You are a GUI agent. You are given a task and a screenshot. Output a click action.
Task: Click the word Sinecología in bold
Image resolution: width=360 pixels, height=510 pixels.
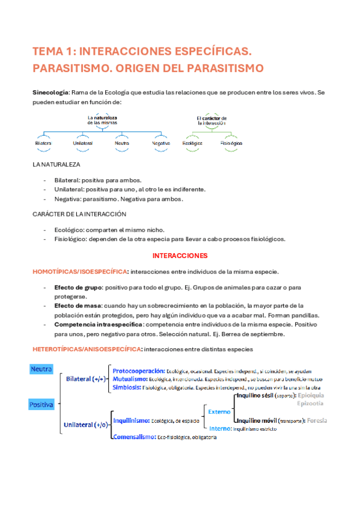tap(50, 93)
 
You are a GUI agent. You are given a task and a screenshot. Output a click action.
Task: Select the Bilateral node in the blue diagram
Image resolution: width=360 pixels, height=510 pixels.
tap(43, 144)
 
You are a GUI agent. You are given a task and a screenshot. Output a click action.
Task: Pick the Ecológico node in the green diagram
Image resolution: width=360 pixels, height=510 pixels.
tap(193, 144)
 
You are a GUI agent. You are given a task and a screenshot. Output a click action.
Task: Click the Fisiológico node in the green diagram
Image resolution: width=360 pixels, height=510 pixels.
tap(231, 144)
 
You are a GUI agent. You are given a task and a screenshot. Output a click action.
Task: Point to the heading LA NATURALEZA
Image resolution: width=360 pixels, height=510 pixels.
tap(56, 164)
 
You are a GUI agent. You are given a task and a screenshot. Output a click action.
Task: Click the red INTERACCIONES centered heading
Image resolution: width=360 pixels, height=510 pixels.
tap(180, 255)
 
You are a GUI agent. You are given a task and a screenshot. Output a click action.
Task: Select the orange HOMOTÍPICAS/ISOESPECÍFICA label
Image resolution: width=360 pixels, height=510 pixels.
tap(80, 272)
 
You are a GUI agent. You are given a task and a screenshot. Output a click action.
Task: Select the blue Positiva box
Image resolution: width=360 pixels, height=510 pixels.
tap(41, 405)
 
